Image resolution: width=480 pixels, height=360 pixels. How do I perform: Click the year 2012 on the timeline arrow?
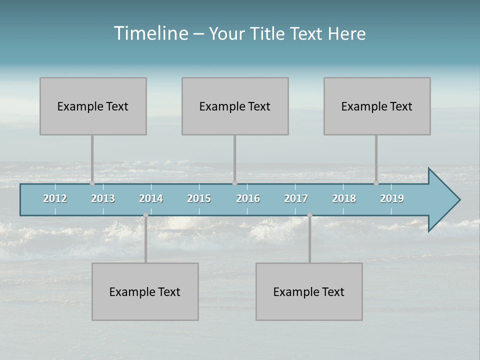click(x=55, y=198)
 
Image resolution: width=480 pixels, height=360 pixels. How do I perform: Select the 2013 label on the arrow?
click(x=103, y=198)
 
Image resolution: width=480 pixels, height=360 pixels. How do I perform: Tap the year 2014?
click(x=151, y=198)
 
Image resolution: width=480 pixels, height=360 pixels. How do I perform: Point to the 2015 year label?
click(x=199, y=198)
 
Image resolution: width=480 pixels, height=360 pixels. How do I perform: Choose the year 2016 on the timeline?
click(x=248, y=198)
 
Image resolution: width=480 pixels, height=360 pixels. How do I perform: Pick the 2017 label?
click(x=296, y=198)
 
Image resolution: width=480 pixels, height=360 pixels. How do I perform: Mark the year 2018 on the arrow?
click(x=344, y=198)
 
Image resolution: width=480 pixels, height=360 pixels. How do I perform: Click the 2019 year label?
click(x=392, y=198)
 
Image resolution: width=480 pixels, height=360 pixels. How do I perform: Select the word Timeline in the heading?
click(x=150, y=33)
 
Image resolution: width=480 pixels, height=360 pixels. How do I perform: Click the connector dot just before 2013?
click(x=92, y=183)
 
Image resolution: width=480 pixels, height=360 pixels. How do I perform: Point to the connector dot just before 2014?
click(x=145, y=215)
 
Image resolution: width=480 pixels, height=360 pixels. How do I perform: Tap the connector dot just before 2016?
click(x=234, y=183)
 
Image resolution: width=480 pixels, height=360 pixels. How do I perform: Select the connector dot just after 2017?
click(x=309, y=215)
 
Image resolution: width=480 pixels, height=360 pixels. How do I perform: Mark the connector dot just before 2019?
click(x=376, y=183)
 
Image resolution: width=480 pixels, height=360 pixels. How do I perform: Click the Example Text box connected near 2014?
click(x=145, y=291)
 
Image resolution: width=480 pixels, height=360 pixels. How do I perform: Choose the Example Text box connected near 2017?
click(x=309, y=291)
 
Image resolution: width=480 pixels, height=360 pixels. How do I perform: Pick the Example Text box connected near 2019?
click(x=377, y=106)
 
